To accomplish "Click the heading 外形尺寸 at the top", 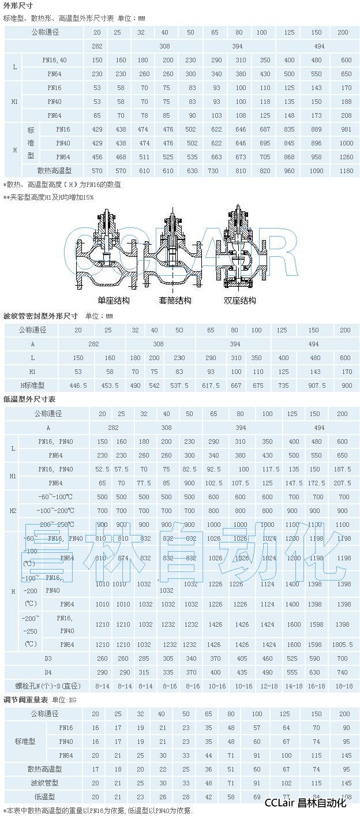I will pyautogui.click(x=16, y=6).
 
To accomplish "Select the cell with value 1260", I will pyautogui.click(x=345, y=156).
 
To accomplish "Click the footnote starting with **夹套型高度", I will pyautogui.click(x=48, y=197).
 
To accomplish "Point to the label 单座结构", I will pyautogui.click(x=114, y=301).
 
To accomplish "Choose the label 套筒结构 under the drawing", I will pyautogui.click(x=175, y=301).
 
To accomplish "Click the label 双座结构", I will pyautogui.click(x=240, y=301).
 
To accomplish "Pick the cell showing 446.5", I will pyautogui.click(x=78, y=385).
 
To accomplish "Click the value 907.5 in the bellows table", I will pyautogui.click(x=313, y=385).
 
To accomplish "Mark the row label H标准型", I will pyautogui.click(x=33, y=385).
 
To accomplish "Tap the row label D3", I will pyautogui.click(x=48, y=658).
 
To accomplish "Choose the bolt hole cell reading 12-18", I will pyautogui.click(x=267, y=686).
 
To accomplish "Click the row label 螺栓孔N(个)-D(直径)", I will pyautogui.click(x=48, y=686).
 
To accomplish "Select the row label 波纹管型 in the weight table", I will pyautogui.click(x=45, y=783).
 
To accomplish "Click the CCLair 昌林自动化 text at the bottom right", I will pyautogui.click(x=305, y=803).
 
